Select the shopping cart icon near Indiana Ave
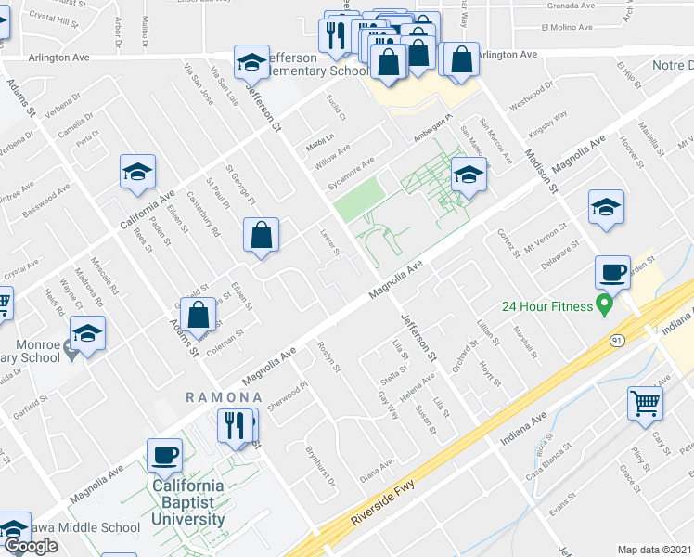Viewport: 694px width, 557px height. [646, 403]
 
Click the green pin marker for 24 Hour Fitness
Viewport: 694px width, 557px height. [605, 303]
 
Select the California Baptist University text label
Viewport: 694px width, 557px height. [188, 502]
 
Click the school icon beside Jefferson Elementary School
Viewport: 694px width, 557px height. [251, 62]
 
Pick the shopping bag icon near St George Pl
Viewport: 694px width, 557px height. [262, 235]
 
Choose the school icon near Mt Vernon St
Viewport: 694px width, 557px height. [606, 207]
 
